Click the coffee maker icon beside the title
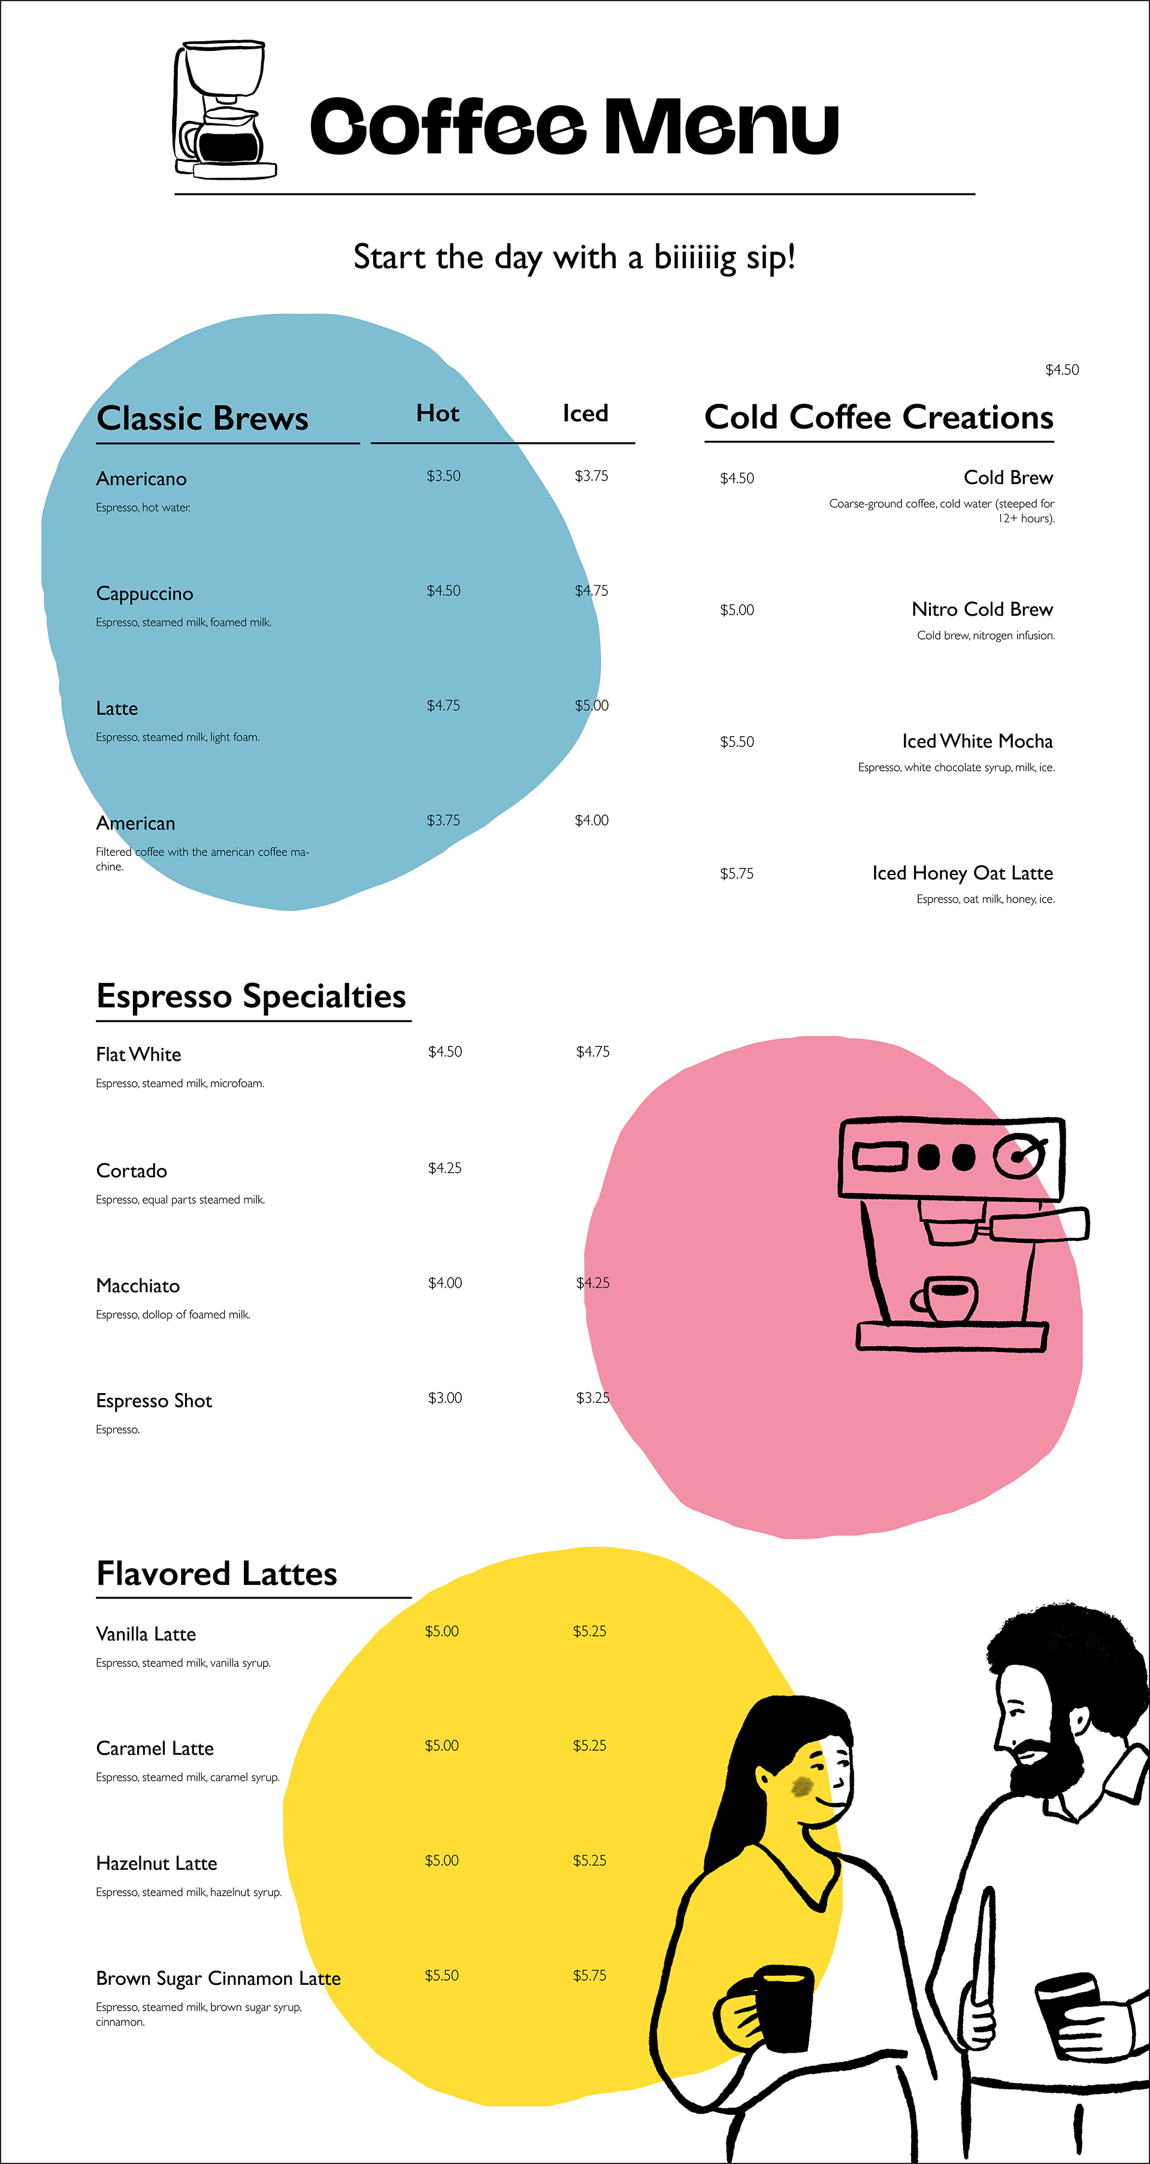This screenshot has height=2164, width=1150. point(224,110)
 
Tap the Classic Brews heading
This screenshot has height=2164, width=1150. point(202,418)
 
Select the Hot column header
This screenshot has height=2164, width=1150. point(438,413)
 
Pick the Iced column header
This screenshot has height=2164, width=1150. point(586,413)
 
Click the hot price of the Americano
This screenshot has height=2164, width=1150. point(444,476)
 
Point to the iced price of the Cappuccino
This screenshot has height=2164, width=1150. point(591,591)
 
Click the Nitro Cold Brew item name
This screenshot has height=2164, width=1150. point(982,609)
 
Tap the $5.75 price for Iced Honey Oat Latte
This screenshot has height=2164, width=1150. point(737,874)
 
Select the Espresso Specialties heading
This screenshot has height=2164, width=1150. point(251,996)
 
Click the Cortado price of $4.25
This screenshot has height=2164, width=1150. point(444,1168)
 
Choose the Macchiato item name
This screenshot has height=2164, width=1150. point(138,1285)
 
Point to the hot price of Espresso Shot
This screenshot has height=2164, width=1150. point(444,1398)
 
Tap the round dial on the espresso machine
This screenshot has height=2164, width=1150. point(1020,1157)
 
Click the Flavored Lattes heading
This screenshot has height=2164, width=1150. point(217,1573)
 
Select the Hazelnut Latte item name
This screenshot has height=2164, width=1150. point(156,1863)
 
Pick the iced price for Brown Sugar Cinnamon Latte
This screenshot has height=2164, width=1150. point(590,1975)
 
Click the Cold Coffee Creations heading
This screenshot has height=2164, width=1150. point(879,417)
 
